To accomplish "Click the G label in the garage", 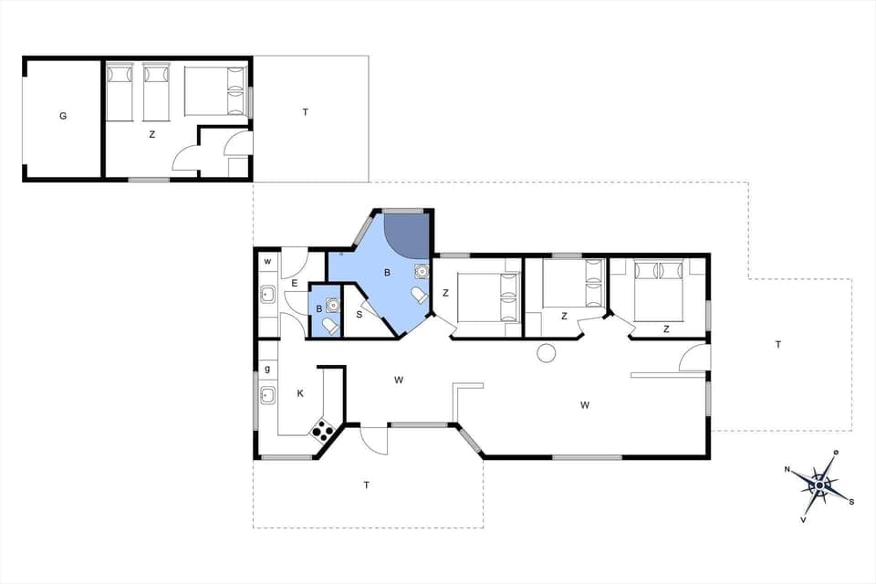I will [x=63, y=116].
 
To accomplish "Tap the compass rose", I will [x=819, y=485].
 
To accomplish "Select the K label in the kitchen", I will [x=299, y=393].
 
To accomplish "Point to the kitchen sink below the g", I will [x=268, y=394].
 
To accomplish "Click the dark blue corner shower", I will [x=406, y=235].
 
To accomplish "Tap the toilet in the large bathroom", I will [x=419, y=296].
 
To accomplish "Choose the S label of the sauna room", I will [x=359, y=315].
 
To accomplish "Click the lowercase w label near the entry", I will [x=267, y=262].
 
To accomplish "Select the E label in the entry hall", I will [x=294, y=284].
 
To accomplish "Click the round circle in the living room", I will [x=547, y=354].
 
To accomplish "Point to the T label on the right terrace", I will [x=777, y=344].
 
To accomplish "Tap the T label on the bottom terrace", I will [x=367, y=485].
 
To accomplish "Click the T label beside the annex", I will [x=306, y=112].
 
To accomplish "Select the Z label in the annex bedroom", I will [x=152, y=134].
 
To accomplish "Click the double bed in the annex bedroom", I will [x=216, y=90].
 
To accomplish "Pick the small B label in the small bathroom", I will [x=318, y=308].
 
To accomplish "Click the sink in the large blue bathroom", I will [x=421, y=271].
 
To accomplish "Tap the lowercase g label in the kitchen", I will [x=267, y=370].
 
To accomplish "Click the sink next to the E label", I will [x=268, y=294].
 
